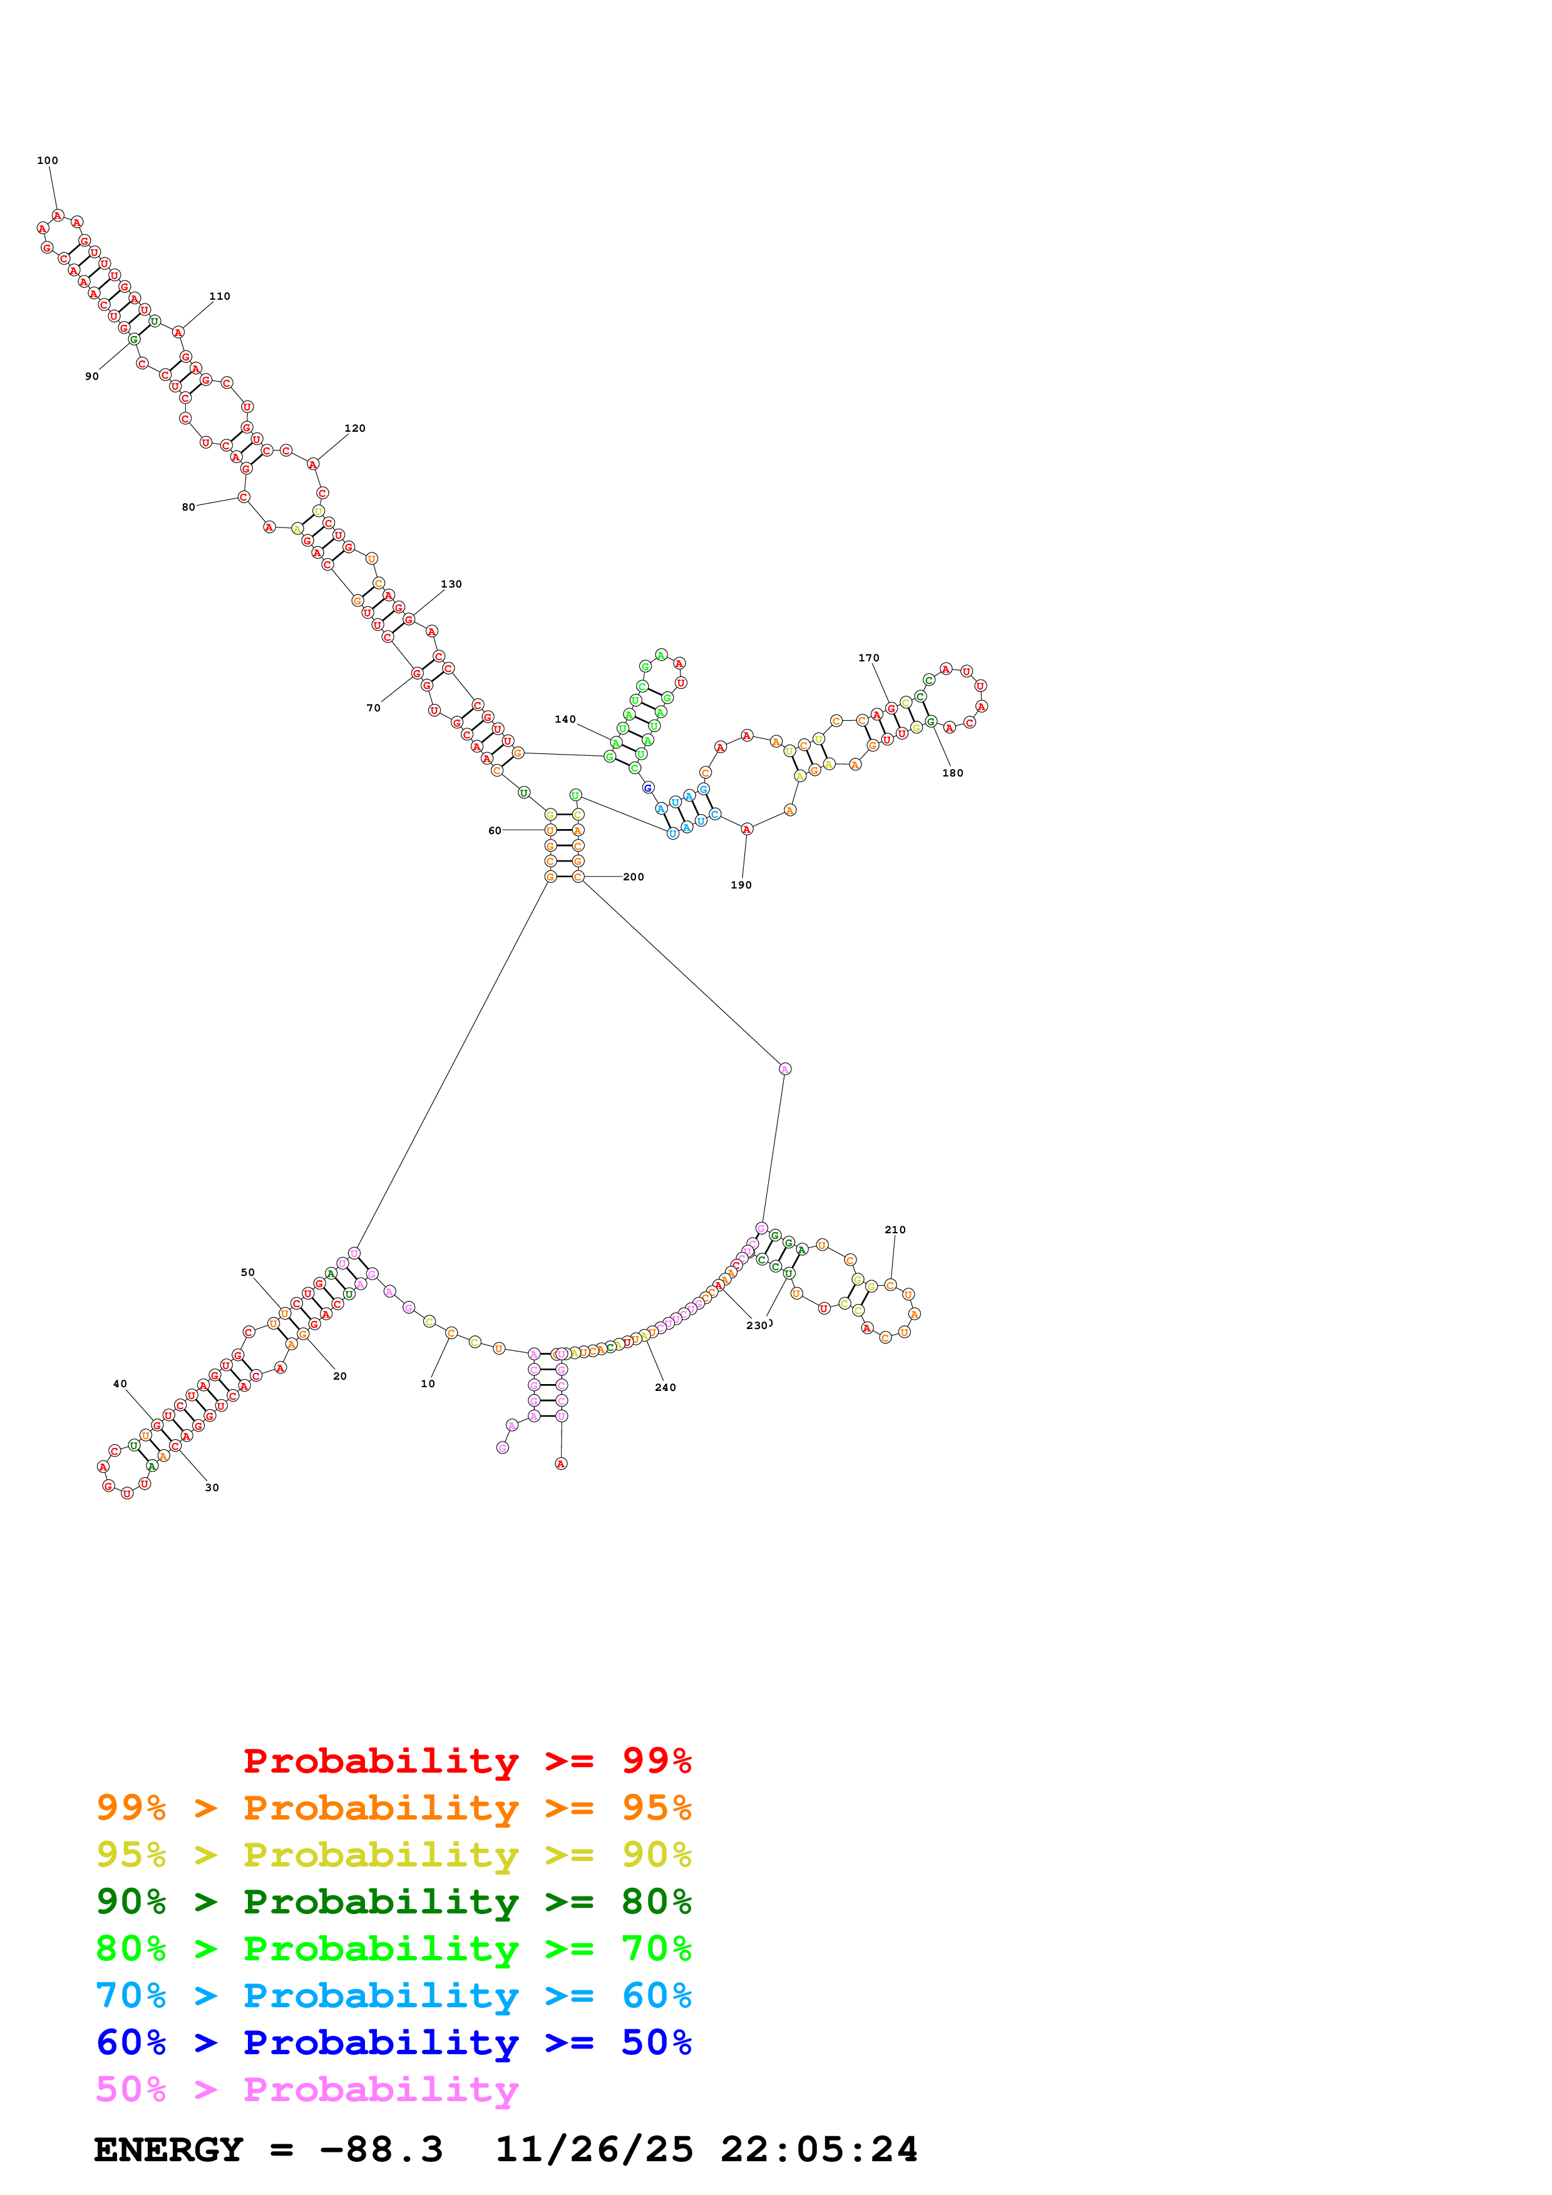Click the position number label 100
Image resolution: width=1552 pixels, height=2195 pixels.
(x=47, y=161)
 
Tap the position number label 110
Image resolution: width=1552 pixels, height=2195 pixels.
(x=220, y=297)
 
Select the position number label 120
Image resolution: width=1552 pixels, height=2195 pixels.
(x=355, y=428)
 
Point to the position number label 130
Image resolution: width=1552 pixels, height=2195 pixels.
(x=451, y=584)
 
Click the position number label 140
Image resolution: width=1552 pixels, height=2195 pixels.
(x=565, y=720)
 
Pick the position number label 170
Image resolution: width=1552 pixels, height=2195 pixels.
(x=868, y=658)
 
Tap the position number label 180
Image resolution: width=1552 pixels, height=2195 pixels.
(x=952, y=773)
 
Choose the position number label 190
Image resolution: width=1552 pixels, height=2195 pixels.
(x=741, y=885)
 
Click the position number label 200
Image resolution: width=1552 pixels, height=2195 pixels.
(x=633, y=877)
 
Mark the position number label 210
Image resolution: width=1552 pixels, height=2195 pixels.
(x=895, y=1230)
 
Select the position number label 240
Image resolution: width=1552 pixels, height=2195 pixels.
(x=666, y=1387)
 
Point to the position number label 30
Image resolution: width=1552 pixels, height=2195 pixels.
(x=212, y=1487)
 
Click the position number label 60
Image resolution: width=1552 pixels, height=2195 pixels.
(x=495, y=831)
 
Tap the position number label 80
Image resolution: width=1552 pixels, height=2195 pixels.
(x=188, y=507)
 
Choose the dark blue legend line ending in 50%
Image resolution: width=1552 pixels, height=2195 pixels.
(x=393, y=2042)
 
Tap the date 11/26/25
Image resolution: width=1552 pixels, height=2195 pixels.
(x=594, y=2150)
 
